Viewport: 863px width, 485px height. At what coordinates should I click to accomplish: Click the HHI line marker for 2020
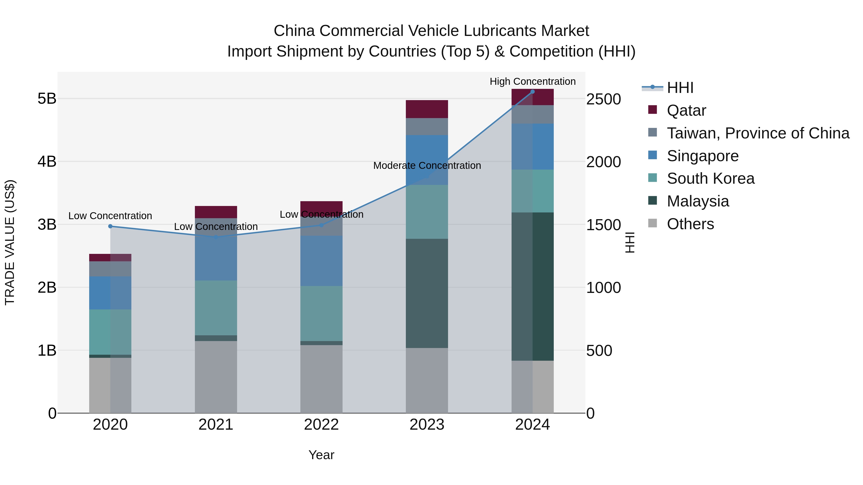coord(110,226)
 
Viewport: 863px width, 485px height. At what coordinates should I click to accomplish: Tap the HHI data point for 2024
coord(532,91)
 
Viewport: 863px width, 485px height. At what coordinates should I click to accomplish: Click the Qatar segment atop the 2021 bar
coord(216,212)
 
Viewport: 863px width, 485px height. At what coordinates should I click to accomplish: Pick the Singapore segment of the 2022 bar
coord(321,261)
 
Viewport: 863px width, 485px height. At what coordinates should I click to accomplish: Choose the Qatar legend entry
coord(686,110)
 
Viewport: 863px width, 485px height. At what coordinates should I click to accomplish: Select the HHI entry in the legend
coord(680,88)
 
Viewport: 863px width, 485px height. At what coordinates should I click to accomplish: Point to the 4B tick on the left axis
coord(47,162)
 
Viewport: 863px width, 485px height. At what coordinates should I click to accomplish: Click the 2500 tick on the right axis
coord(603,99)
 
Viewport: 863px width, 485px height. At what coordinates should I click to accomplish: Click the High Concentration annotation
coord(532,81)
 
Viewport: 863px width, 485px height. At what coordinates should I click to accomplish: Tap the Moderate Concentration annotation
coord(427,165)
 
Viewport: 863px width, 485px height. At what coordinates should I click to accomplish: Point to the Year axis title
coord(321,455)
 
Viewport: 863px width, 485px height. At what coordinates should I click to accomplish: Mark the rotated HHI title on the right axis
coord(630,242)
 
